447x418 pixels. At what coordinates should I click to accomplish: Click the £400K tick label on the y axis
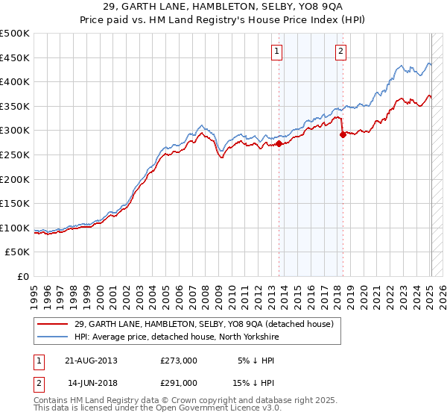pos(15,81)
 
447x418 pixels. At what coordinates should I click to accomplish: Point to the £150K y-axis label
pos(15,203)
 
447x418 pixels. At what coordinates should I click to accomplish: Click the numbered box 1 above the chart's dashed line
pos(276,52)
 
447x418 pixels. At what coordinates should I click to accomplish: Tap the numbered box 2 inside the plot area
pos(340,52)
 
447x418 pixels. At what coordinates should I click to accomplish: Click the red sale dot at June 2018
pos(343,135)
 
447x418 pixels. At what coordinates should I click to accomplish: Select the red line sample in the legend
pos(52,324)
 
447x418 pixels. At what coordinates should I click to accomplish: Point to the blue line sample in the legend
pos(52,337)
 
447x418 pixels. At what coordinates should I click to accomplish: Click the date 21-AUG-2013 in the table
pos(92,360)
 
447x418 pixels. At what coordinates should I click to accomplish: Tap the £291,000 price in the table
pos(178,382)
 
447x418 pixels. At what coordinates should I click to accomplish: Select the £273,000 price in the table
pos(178,360)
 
